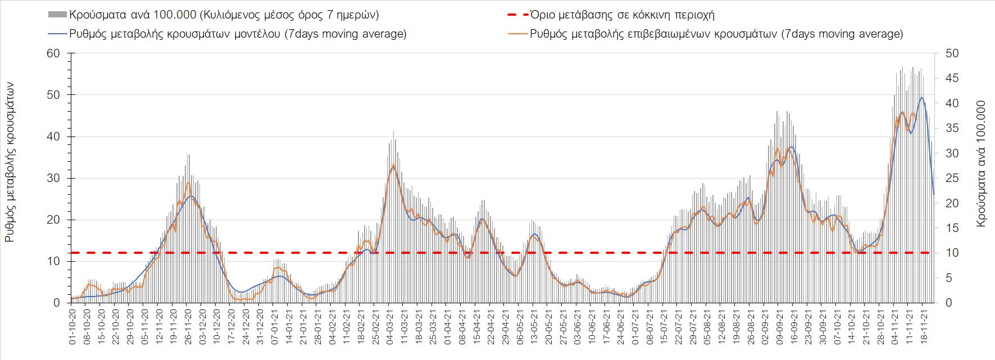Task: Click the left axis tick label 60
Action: click(54, 53)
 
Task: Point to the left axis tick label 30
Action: click(54, 178)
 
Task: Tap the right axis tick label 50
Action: click(950, 53)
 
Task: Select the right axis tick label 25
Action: click(950, 178)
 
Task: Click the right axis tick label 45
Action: click(950, 79)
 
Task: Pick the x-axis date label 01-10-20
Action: click(73, 324)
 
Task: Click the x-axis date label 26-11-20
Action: click(188, 324)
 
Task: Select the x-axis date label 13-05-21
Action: click(534, 324)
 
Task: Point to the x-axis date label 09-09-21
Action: click(779, 324)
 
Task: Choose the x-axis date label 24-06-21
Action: click(621, 324)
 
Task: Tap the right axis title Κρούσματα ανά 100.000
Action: click(982, 163)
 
